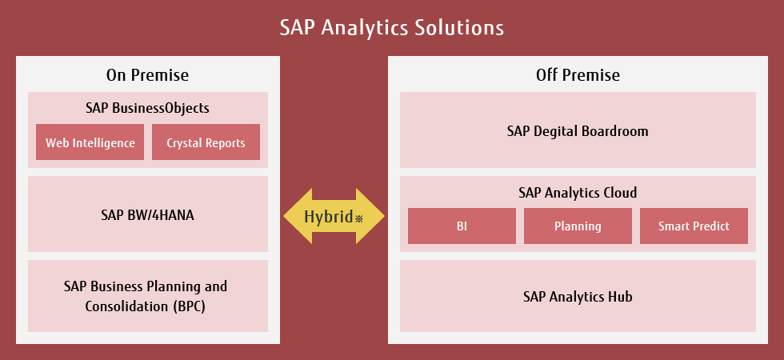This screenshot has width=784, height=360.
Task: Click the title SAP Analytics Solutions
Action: click(391, 28)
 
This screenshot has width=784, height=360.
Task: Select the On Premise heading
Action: click(147, 75)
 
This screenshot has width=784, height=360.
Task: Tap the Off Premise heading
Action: click(578, 75)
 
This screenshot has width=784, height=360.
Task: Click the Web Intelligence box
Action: click(90, 142)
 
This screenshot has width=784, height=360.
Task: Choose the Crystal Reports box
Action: click(206, 142)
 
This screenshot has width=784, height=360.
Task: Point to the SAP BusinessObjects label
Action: click(147, 108)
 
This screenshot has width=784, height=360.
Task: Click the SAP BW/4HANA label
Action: click(147, 215)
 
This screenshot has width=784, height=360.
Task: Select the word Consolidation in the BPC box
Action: click(127, 306)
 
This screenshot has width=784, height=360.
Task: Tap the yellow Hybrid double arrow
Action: click(334, 216)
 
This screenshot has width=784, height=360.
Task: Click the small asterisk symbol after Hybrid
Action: click(358, 218)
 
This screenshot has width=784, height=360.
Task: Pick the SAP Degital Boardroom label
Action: click(578, 131)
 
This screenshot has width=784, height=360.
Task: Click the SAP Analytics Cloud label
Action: click(578, 193)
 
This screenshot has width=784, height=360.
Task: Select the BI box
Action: click(462, 226)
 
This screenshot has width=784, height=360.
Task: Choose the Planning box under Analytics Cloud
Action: click(578, 226)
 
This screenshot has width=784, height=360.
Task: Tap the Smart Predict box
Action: click(694, 226)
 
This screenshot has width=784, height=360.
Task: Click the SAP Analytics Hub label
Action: click(578, 297)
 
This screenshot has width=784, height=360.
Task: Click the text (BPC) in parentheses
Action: click(190, 306)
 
